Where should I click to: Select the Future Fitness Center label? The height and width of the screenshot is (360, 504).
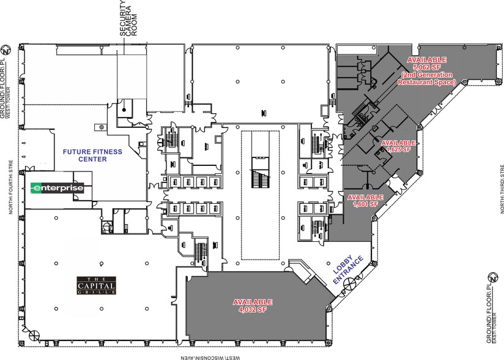[92, 155]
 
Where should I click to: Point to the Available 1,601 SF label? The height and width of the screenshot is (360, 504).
[365, 201]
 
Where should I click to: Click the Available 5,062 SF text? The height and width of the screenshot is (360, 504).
[427, 63]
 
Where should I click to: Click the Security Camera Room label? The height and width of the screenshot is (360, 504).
[130, 18]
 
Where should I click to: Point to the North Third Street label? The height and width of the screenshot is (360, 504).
[500, 189]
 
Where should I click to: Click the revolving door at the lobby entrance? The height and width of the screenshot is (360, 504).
[349, 284]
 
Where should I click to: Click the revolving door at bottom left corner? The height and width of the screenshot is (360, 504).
[35, 336]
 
